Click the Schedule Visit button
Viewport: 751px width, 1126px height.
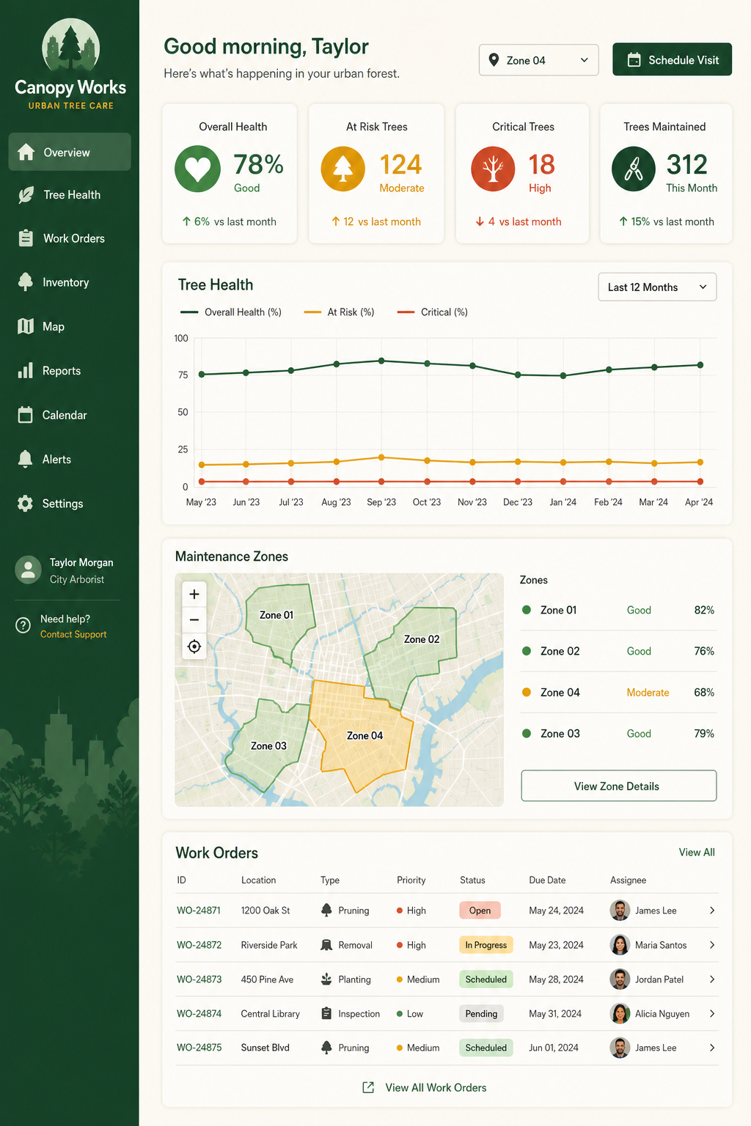point(672,59)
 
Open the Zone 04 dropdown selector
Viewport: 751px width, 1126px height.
point(538,60)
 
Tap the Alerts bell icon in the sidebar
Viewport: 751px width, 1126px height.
point(25,459)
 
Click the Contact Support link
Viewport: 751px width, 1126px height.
point(73,634)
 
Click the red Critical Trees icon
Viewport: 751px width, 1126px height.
point(493,169)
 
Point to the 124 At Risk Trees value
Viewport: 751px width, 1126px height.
point(400,165)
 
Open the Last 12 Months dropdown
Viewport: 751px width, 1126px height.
point(657,287)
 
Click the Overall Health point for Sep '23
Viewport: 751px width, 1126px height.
point(381,361)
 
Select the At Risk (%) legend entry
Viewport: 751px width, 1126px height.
point(340,312)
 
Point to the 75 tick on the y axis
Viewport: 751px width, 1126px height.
point(183,375)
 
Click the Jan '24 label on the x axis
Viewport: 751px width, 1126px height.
point(563,502)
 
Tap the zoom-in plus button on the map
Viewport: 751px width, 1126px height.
point(194,595)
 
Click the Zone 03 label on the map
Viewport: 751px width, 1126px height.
point(268,746)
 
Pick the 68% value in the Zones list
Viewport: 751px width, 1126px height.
point(704,692)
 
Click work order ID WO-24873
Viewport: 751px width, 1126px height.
point(199,979)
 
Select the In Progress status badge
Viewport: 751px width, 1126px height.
point(486,945)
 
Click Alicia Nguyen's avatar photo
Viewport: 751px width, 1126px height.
point(620,1013)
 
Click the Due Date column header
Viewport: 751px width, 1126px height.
point(547,880)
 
